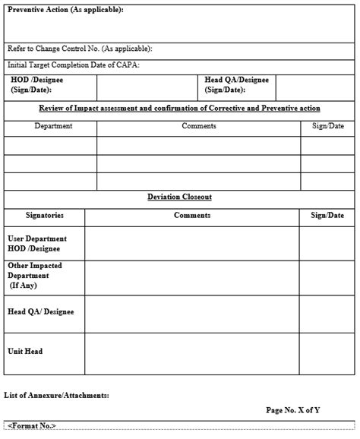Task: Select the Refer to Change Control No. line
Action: click(80, 49)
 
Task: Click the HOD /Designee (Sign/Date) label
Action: click(36, 84)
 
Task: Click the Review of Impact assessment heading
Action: click(179, 108)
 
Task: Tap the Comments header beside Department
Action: click(199, 126)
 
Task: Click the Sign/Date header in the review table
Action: click(328, 126)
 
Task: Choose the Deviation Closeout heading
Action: click(179, 197)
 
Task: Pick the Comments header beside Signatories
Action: click(192, 216)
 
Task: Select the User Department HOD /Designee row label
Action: click(36, 243)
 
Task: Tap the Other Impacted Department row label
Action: click(35, 276)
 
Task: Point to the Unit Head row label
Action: click(25, 352)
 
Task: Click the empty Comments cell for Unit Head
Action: click(192, 353)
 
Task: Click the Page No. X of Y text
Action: click(292, 410)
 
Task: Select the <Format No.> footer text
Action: click(33, 426)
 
